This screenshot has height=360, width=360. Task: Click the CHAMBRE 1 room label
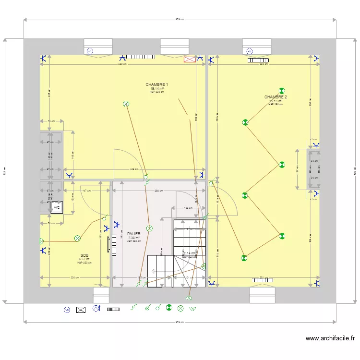point(157,84)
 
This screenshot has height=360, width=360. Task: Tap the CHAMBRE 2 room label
point(276,97)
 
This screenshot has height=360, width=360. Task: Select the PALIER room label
point(133,234)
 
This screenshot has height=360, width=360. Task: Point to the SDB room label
point(84,255)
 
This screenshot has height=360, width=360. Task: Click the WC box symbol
point(57,207)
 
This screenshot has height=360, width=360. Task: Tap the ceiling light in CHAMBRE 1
point(126,103)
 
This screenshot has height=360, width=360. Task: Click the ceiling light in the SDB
point(77,238)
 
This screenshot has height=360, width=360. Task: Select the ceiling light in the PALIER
point(149,228)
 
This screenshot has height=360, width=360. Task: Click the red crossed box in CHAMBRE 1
point(190,59)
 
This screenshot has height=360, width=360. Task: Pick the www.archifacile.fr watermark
point(331,338)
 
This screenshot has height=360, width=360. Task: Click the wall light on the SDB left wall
point(42,240)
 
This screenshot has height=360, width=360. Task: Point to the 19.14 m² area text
point(157,89)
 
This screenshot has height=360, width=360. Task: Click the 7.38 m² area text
point(133,238)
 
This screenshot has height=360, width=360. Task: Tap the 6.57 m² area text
point(84,259)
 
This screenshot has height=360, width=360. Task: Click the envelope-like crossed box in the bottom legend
point(81,310)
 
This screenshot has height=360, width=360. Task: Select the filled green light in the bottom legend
point(169,308)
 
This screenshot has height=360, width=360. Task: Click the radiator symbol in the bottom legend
point(113,309)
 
